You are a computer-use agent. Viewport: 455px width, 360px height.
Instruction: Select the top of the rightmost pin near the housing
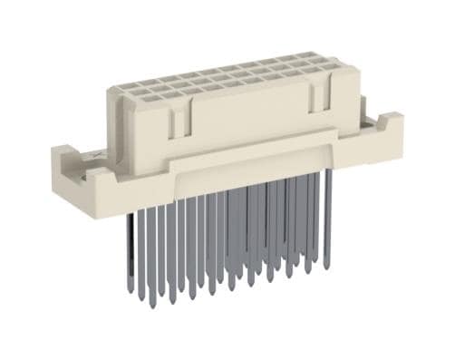click(x=328, y=172)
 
